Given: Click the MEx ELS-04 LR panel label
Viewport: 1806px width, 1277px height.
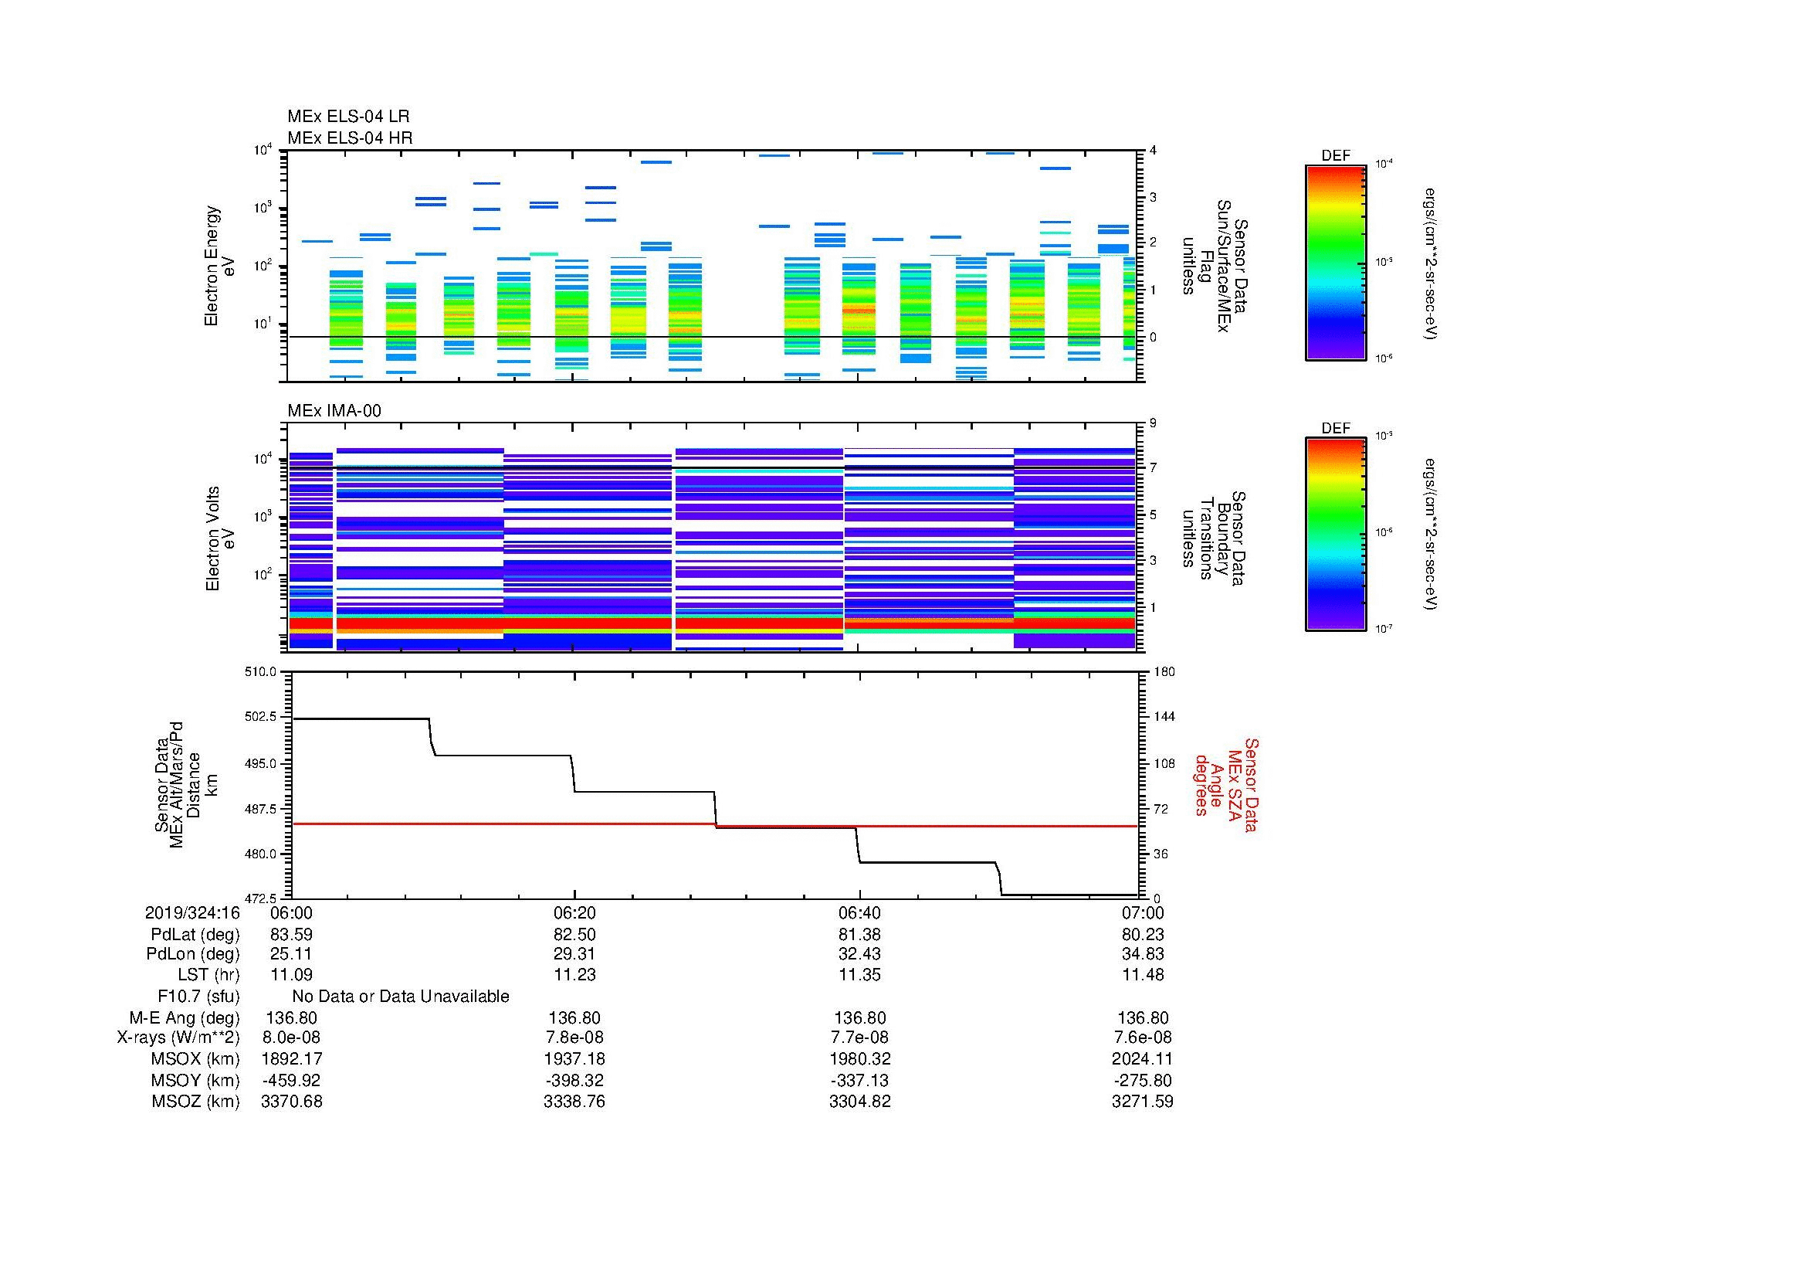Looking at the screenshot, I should coord(347,117).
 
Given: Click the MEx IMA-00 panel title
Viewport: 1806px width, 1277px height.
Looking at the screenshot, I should coord(334,411).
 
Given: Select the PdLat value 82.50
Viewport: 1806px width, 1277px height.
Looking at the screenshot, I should coord(574,935).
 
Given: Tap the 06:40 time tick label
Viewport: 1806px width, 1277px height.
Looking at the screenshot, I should coord(859,912).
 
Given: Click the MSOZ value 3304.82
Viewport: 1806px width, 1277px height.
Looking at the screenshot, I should coord(859,1102).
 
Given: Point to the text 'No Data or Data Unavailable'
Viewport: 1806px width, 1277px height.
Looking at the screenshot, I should coord(401,997).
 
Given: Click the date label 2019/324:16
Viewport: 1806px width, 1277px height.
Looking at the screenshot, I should coord(192,912).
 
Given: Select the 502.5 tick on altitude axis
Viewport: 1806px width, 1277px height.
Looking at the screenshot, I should coord(261,717).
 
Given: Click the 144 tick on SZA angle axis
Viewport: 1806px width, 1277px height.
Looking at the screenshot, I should coord(1164,717).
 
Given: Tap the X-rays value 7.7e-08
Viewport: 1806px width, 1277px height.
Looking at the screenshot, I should coord(859,1038).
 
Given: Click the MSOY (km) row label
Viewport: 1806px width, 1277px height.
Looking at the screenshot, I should coord(195,1080).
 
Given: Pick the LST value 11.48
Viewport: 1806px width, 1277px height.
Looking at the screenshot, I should coord(1142,975).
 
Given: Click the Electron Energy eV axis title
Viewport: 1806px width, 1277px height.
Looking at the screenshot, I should coord(220,266).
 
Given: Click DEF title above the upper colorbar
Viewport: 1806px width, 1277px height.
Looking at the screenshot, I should coord(1335,156).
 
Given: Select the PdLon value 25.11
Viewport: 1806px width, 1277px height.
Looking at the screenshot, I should coord(291,954).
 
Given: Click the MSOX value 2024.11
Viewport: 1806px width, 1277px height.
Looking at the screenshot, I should coord(1142,1059).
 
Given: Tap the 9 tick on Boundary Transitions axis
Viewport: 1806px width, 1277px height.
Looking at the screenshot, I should coord(1153,423).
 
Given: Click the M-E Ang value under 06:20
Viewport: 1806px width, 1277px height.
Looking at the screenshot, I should coord(574,1018).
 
